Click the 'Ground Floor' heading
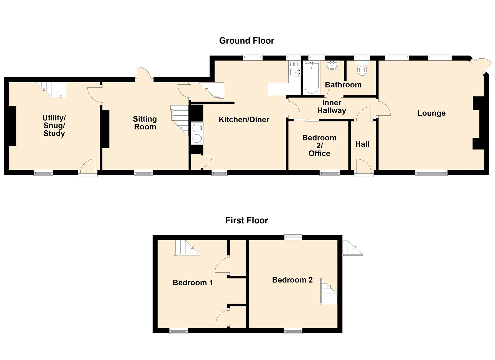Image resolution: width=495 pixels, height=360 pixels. tap(246, 41)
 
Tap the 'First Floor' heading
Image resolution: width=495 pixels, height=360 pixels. tap(247, 220)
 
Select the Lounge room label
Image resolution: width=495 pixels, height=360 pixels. tap(431, 113)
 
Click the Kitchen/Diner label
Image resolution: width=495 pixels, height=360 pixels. tap(244, 120)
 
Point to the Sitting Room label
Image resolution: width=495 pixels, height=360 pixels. tap(145, 123)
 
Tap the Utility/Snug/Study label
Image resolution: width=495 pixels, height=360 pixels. tap(54, 125)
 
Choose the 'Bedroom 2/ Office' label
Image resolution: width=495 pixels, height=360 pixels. tap(319, 145)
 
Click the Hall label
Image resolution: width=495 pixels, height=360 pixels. tap(362, 144)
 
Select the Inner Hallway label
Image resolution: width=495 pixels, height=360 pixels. tap(332, 107)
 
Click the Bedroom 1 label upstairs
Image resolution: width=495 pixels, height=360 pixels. tap(193, 282)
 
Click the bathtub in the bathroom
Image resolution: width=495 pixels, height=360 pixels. tap(312, 78)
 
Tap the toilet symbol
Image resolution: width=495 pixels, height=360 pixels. tap(362, 68)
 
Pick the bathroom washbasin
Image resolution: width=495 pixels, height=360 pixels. tap(332, 65)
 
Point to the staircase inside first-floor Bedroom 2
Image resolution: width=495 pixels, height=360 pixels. tap(329, 291)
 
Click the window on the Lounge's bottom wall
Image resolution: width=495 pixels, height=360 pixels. tap(431, 173)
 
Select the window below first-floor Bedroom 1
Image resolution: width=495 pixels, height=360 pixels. tap(179, 331)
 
